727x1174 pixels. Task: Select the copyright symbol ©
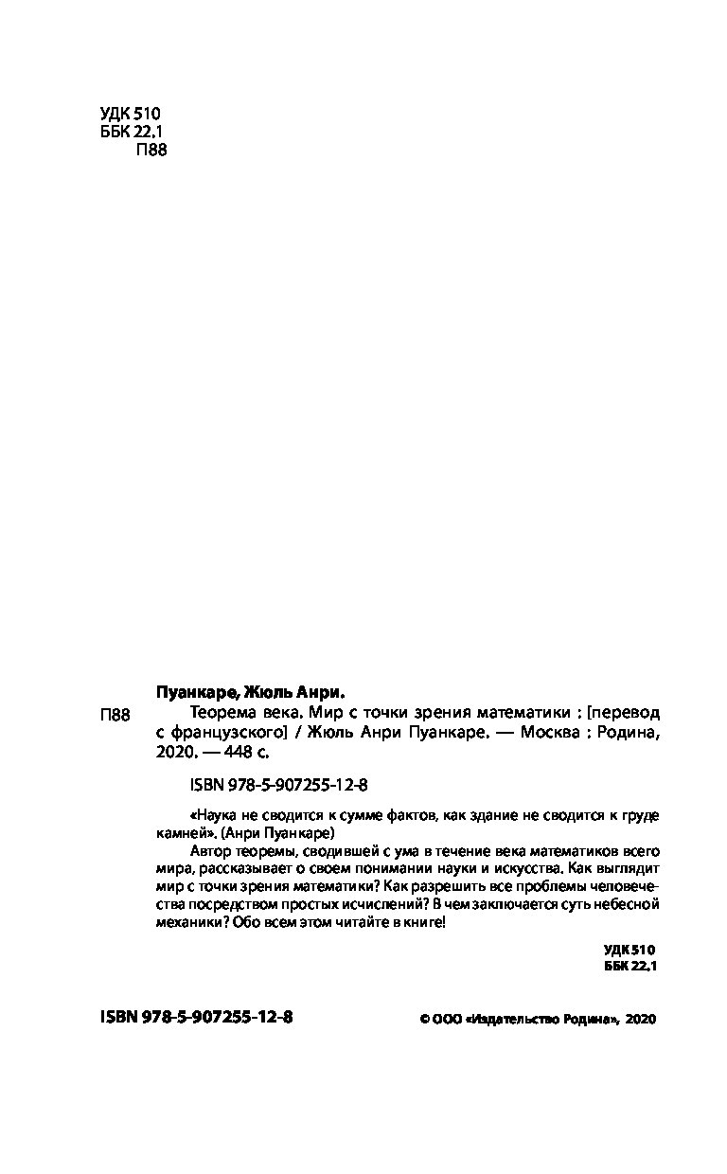pos(423,1019)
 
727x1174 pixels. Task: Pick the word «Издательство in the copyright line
pos(512,1019)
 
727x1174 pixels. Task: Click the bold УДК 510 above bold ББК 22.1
pos(629,949)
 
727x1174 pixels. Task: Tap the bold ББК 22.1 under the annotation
pos(629,966)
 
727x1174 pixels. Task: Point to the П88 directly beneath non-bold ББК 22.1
pos(151,150)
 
